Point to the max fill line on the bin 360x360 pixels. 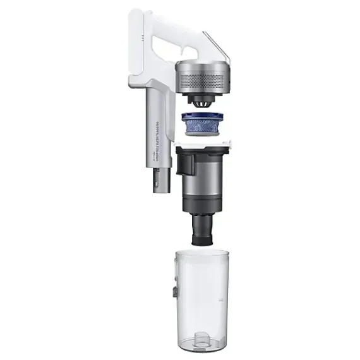pos(218,297)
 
